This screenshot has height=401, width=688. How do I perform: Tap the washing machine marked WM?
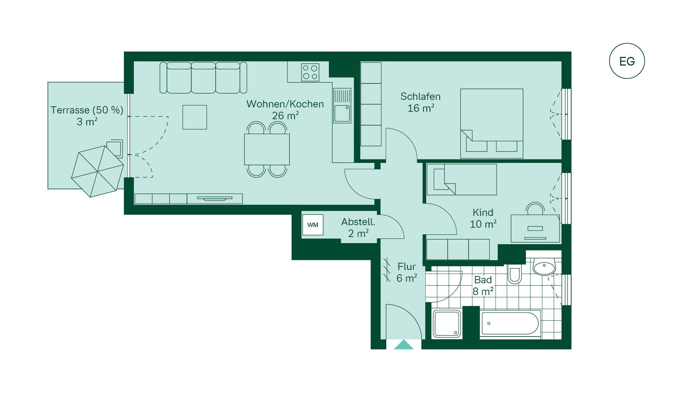click(x=313, y=225)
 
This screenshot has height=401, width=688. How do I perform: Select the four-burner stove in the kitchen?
click(x=310, y=72)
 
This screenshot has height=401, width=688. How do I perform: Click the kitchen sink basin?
click(x=342, y=113)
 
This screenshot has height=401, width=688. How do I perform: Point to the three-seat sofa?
click(x=203, y=78)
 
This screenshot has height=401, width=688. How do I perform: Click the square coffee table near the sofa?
click(x=195, y=117)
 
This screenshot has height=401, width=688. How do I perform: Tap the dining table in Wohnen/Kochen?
click(x=267, y=149)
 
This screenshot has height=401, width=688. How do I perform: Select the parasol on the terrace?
click(x=97, y=171)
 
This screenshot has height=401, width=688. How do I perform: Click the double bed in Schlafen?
click(x=492, y=124)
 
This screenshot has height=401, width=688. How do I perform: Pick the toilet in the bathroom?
click(x=515, y=275)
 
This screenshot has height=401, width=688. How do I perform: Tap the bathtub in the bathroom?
click(x=510, y=324)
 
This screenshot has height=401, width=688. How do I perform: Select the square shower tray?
click(x=447, y=324)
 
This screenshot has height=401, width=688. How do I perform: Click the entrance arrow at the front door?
click(x=404, y=344)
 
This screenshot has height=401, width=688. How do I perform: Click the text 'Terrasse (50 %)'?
click(x=87, y=110)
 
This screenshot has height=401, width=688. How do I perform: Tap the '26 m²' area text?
click(x=285, y=116)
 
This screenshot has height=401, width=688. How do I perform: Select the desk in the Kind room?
click(x=535, y=228)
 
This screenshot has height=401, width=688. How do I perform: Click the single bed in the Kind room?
click(x=462, y=179)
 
